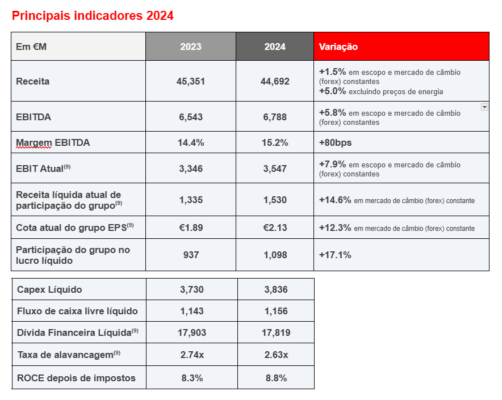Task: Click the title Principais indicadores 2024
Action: coord(93,16)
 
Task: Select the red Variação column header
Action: coord(401,47)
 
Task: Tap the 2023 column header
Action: coord(191,47)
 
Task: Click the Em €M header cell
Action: coord(78,47)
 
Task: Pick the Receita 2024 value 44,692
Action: coord(275,81)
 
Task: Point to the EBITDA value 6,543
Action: coord(191,117)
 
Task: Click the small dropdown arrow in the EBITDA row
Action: coord(484,107)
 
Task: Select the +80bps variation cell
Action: coord(335,142)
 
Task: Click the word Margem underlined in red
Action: coord(34,143)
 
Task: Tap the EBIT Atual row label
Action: coord(43,169)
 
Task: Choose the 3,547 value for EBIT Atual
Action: coord(275,169)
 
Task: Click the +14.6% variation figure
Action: coord(335,200)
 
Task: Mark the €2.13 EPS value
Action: coord(275,228)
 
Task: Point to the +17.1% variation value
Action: coord(335,255)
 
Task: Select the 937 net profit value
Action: coord(191,255)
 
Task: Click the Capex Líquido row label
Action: coord(49,289)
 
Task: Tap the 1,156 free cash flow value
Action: coord(276,311)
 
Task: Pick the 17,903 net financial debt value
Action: coord(192,333)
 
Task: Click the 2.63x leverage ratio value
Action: coord(277,355)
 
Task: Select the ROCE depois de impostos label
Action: coord(76,378)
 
